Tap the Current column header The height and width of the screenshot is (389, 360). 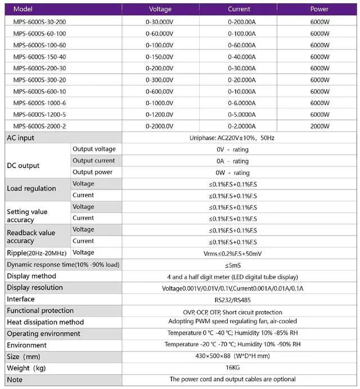pos(239,10)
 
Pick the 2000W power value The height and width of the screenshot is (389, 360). pos(319,126)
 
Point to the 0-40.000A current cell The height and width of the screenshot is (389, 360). pos(241,56)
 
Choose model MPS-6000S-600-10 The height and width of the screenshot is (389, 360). pos(39,91)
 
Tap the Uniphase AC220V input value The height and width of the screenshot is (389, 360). pos(239,138)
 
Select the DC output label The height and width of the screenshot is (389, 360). pos(23,166)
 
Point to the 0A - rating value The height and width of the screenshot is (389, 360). pos(232,161)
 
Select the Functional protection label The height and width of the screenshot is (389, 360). pos(40,311)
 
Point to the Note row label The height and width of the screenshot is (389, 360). pos(15,380)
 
